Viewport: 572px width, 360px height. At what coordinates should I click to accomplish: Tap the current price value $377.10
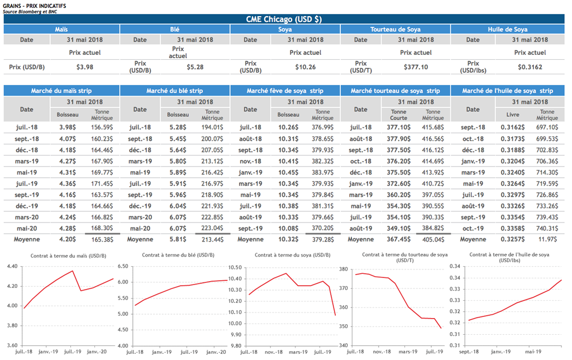416,67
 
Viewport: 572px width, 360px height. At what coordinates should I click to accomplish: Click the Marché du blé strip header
174,91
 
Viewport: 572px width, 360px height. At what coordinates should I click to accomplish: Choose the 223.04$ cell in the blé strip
212,228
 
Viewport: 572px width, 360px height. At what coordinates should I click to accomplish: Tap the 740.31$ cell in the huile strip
547,228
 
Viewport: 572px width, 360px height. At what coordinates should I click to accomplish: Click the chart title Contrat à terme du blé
174,255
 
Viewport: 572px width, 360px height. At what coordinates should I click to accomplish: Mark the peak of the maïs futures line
73,271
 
